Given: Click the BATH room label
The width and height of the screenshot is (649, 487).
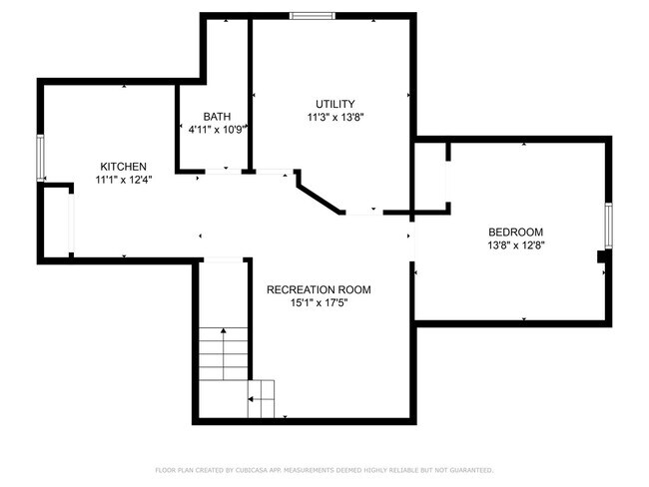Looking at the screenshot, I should [217, 116].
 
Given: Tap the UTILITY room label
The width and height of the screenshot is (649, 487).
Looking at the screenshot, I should [334, 104].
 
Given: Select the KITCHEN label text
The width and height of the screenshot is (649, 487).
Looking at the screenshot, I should [123, 167].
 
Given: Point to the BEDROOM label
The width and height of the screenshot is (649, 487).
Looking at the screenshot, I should [515, 232].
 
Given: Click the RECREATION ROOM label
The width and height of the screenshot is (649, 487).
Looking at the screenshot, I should [318, 290].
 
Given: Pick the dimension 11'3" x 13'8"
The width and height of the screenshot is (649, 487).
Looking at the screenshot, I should [334, 117].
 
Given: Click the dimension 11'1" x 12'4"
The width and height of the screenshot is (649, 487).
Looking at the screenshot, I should [123, 180].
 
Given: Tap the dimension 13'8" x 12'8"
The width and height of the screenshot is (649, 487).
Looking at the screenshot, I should [515, 244].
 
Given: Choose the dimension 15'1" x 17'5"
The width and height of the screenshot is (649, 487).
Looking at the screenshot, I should [318, 303].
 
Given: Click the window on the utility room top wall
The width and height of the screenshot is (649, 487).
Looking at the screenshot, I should [313, 15].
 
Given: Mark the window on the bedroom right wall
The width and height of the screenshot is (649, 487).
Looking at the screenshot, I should [606, 226].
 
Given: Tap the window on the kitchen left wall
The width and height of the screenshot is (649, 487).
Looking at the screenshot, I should [40, 158].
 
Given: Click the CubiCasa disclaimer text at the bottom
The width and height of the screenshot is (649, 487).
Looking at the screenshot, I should [324, 469].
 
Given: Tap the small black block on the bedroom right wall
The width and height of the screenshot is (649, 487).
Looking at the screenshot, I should [602, 257].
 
